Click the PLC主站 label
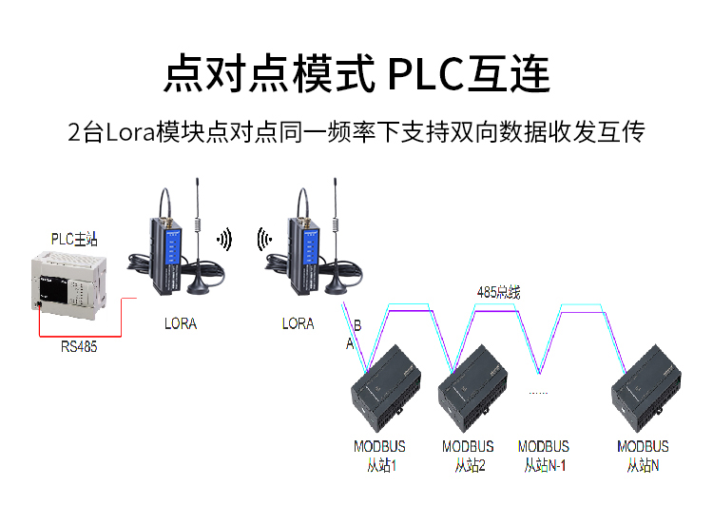click(x=75, y=238)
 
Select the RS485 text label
click(x=79, y=347)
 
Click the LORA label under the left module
click(x=181, y=323)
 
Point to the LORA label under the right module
click(x=298, y=323)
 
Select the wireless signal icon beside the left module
click(x=224, y=238)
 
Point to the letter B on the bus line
click(x=357, y=325)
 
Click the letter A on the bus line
click(x=350, y=344)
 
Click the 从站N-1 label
click(x=544, y=465)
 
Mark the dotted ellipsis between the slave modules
click(x=538, y=392)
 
